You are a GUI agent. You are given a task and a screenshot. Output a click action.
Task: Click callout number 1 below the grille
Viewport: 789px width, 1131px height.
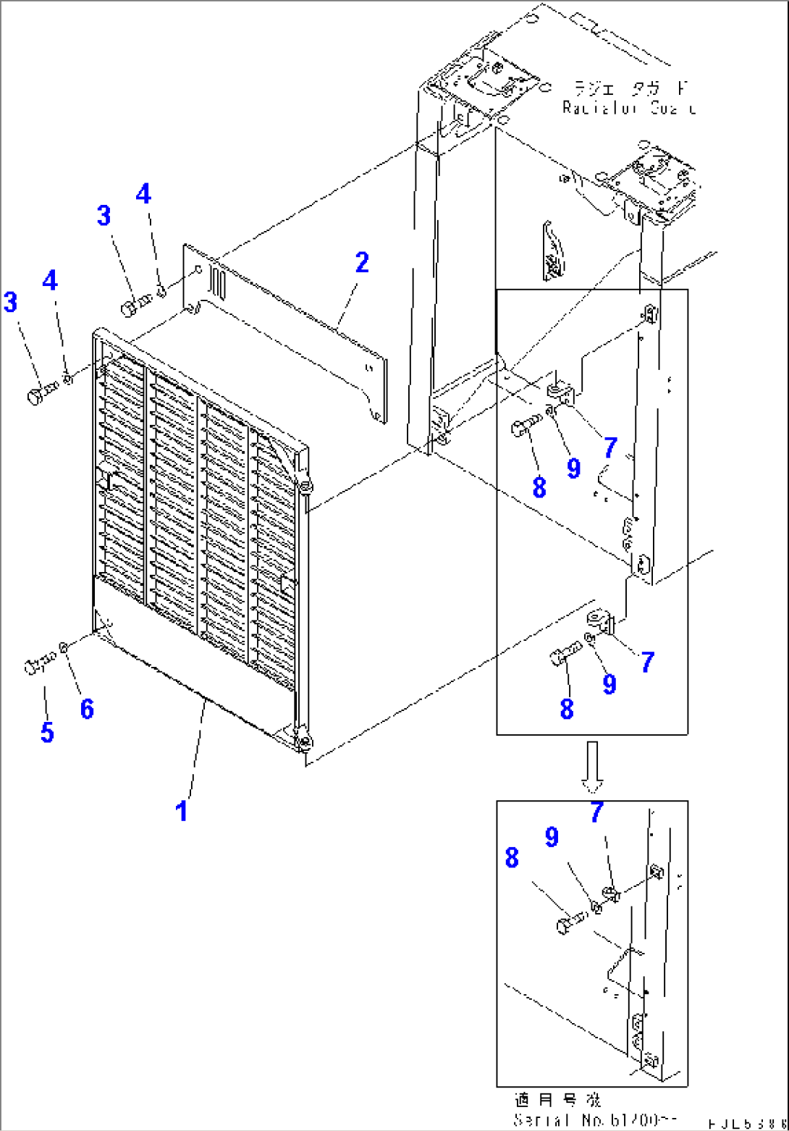click(182, 810)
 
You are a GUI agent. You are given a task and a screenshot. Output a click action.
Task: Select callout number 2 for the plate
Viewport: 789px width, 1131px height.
click(361, 263)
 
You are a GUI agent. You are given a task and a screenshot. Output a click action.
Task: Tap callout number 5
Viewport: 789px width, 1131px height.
click(47, 732)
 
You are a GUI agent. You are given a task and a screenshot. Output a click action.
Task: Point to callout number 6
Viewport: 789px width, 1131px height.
click(86, 709)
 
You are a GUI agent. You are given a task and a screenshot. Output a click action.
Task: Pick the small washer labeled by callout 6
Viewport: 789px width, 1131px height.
click(64, 646)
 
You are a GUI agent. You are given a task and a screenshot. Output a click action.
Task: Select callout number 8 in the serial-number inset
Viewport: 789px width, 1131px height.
click(512, 859)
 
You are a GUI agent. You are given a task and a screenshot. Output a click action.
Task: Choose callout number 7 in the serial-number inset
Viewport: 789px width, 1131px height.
click(596, 812)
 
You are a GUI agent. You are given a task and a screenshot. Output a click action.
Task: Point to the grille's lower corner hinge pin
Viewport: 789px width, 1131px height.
click(304, 741)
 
